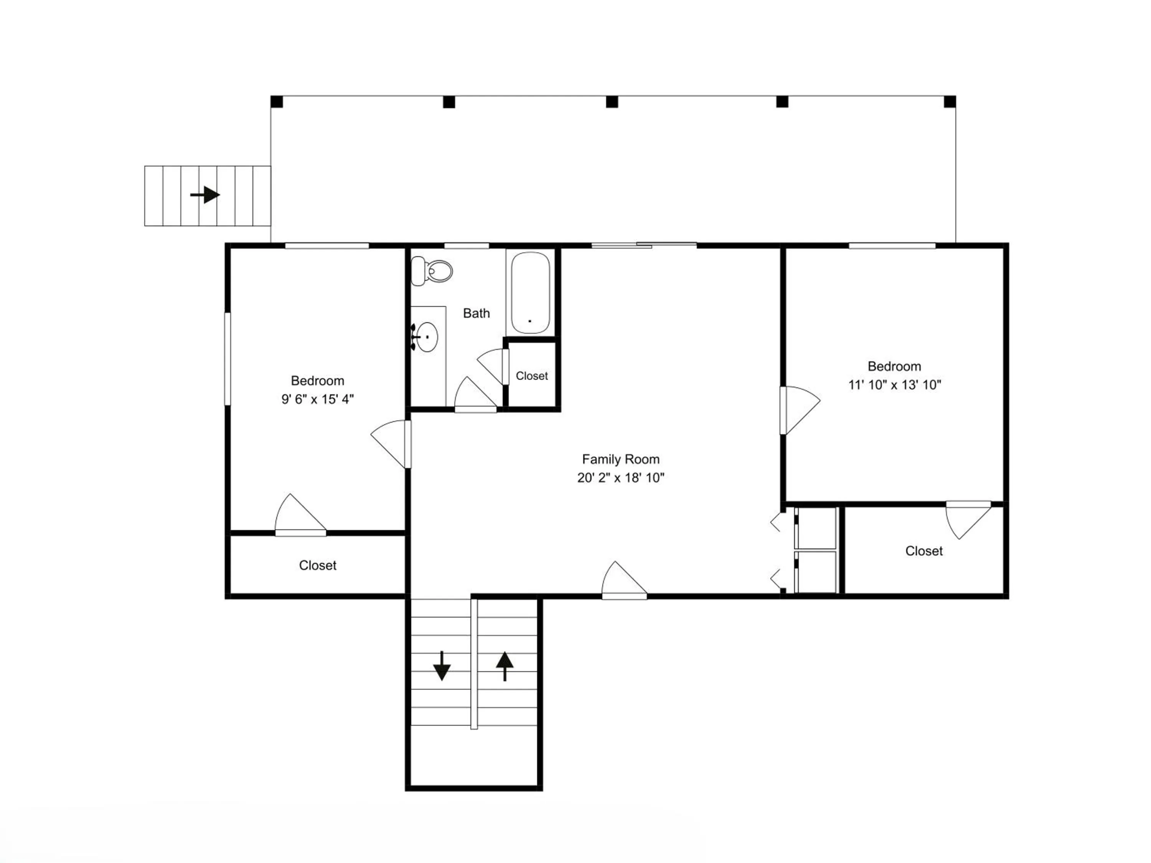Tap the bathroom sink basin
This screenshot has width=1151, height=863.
click(427, 337)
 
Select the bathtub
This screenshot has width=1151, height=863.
click(530, 293)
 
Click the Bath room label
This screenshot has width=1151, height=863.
click(476, 313)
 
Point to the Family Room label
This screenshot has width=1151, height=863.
click(621, 459)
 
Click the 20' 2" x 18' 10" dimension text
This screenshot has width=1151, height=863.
click(621, 478)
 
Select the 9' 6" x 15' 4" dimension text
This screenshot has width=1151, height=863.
click(317, 399)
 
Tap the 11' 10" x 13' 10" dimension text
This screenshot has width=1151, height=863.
click(894, 385)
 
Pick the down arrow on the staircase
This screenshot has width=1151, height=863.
click(442, 666)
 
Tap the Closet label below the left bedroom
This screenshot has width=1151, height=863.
click(317, 565)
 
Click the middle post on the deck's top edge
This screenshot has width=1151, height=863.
click(612, 102)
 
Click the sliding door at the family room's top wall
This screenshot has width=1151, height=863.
click(644, 245)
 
